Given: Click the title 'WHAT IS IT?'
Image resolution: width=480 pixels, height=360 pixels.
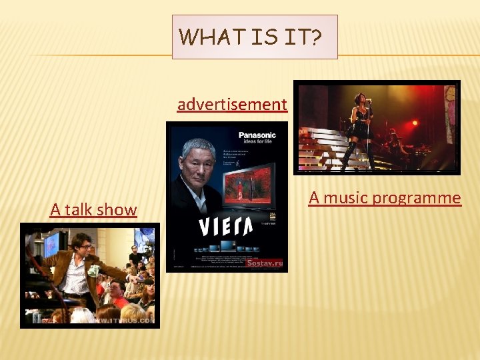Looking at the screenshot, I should tap(254, 37).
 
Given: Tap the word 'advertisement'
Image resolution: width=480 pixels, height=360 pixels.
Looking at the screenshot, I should tap(232, 105).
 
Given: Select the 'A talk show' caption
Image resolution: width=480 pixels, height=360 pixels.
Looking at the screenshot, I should tap(93, 210).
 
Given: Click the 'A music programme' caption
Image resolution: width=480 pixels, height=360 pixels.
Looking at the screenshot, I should tap(385, 198).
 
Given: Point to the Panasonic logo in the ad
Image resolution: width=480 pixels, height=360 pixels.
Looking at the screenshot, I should tap(257, 135).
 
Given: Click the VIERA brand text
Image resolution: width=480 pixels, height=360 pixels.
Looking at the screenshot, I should tap(226, 227).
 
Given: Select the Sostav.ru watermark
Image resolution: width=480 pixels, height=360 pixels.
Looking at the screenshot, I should tap(265, 263).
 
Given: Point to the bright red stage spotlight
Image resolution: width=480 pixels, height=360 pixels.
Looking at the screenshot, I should tap(414, 123).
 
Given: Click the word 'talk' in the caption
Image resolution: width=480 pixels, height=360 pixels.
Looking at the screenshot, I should tap(78, 210).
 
